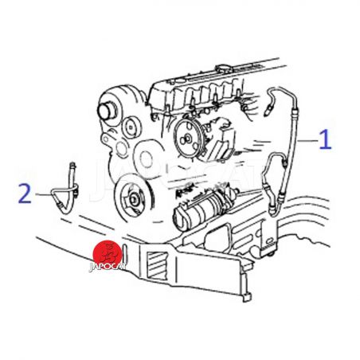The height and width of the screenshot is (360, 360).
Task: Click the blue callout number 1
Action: click(x=326, y=139)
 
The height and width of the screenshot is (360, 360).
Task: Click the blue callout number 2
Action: click(x=25, y=194)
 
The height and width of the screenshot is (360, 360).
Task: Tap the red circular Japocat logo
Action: click(x=108, y=253)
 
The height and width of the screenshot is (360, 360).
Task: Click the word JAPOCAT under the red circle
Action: click(x=108, y=267)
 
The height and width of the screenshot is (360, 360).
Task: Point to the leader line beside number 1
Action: click(x=307, y=140)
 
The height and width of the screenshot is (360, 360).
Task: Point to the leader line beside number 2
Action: click(x=43, y=194)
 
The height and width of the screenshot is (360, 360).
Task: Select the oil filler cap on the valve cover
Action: click(x=223, y=69)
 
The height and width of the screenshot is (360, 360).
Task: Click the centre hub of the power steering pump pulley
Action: click(x=187, y=138)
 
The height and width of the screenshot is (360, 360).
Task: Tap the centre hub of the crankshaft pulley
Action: click(x=134, y=198)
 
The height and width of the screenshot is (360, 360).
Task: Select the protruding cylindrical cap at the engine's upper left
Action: click(x=106, y=110)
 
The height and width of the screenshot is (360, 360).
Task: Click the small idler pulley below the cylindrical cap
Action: click(x=131, y=127)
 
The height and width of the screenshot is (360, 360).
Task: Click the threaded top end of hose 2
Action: click(x=73, y=167)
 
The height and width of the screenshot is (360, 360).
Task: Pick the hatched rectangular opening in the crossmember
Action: click(x=158, y=266)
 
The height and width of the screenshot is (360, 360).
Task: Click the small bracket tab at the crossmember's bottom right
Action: click(x=247, y=297)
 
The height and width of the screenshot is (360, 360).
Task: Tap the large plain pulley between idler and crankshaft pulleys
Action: click(x=146, y=159)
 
